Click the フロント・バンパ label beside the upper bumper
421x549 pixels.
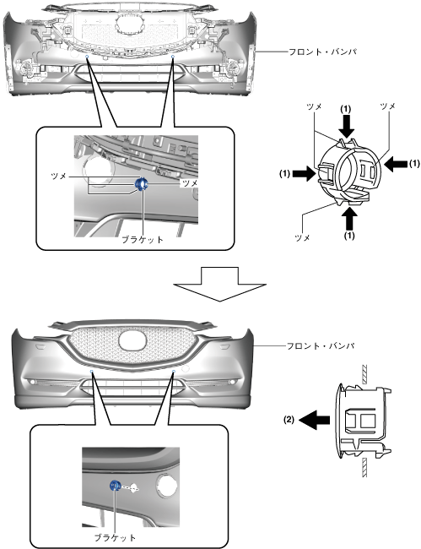click(323, 52)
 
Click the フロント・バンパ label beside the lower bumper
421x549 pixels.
click(321, 346)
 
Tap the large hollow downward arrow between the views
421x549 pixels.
click(219, 284)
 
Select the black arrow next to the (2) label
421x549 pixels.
click(315, 420)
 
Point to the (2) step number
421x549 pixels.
click(289, 420)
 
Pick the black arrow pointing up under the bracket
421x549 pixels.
click(348, 219)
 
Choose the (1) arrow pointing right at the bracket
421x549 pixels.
click(305, 173)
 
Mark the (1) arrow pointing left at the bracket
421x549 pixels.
click(396, 164)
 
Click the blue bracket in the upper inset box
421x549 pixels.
click(142, 183)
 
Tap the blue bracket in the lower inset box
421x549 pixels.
click(115, 486)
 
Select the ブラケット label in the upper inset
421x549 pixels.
click(143, 240)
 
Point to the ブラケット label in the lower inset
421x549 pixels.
click(115, 537)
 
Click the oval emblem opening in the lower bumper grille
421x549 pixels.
click(132, 341)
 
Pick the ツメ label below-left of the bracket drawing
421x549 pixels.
click(303, 238)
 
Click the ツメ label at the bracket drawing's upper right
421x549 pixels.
click(387, 106)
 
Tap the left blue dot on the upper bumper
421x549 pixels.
click(87, 56)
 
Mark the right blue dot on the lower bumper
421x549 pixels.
click(174, 370)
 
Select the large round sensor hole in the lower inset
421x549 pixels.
click(167, 486)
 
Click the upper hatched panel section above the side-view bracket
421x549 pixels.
click(364, 374)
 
